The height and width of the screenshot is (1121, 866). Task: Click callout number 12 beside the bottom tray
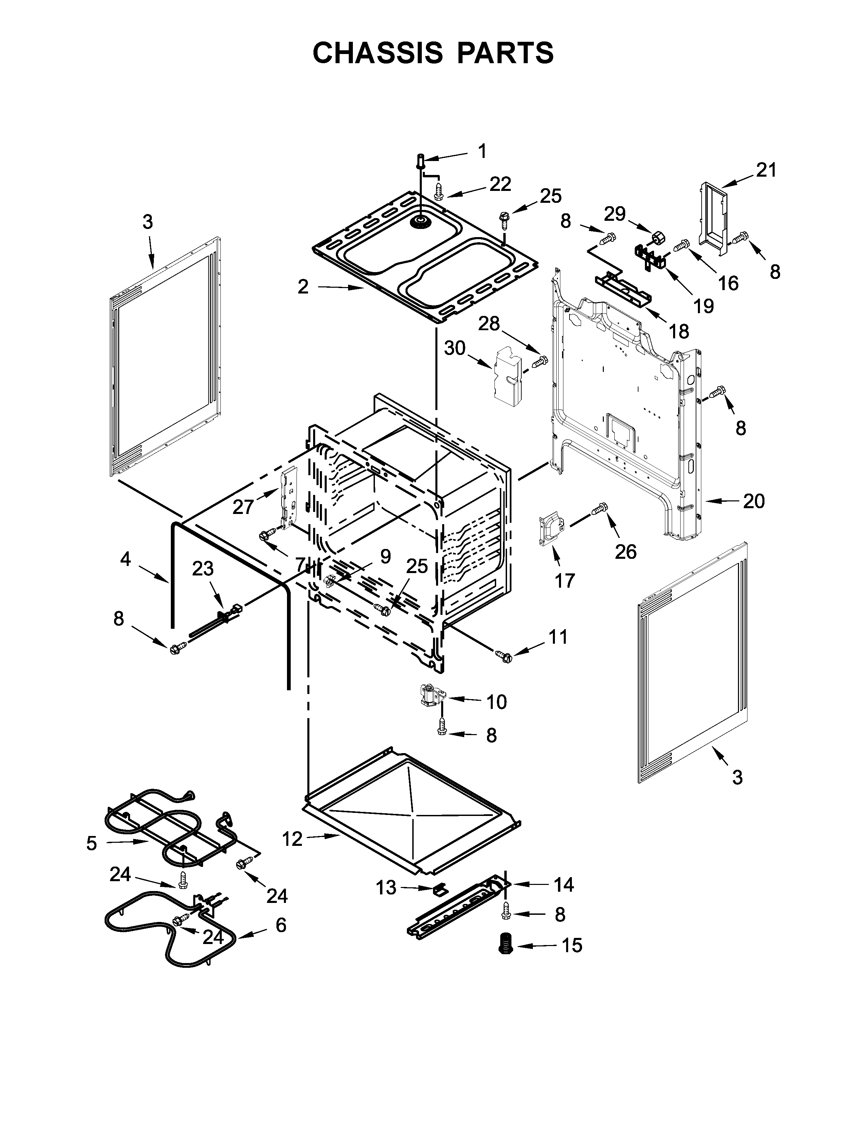click(x=292, y=839)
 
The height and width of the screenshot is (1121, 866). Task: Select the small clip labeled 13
click(x=440, y=888)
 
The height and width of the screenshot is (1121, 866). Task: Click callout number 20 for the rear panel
click(x=754, y=501)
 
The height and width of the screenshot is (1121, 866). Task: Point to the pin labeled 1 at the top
click(x=420, y=161)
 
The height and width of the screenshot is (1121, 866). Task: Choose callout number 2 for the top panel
click(x=303, y=287)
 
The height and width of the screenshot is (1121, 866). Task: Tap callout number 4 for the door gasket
click(x=126, y=559)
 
